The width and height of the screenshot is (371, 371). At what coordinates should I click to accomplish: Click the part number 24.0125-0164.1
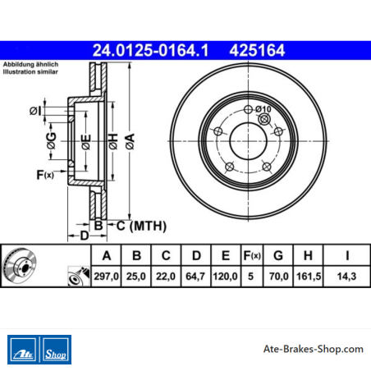click(x=150, y=51)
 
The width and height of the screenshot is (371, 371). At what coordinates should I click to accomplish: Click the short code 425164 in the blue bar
click(x=257, y=51)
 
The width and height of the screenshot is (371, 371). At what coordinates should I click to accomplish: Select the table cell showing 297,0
click(x=106, y=277)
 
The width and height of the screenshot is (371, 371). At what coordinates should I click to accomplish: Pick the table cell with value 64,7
click(x=195, y=277)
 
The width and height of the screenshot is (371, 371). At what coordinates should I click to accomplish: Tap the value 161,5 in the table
click(x=309, y=277)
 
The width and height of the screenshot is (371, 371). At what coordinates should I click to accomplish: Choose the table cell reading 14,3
click(x=346, y=277)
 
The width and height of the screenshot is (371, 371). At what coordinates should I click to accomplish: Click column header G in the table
click(x=278, y=255)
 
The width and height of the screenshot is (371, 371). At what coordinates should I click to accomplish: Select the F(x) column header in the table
click(x=252, y=255)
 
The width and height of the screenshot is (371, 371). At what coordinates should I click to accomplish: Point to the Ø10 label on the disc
click(x=263, y=109)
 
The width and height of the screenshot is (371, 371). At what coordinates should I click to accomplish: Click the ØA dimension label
click(x=131, y=141)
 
